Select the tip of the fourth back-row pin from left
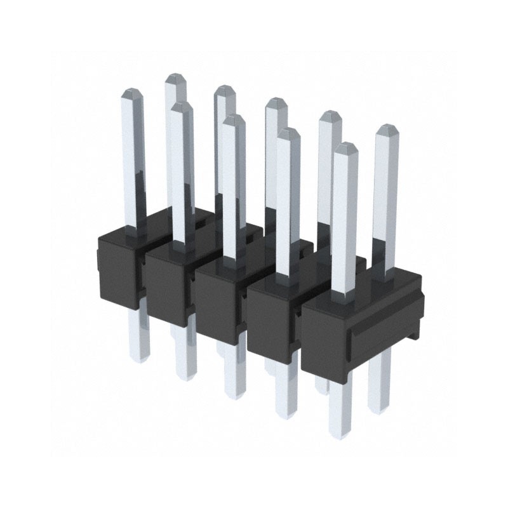coord(330,115)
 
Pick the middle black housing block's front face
coord(219,298)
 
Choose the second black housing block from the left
coord(169,283)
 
